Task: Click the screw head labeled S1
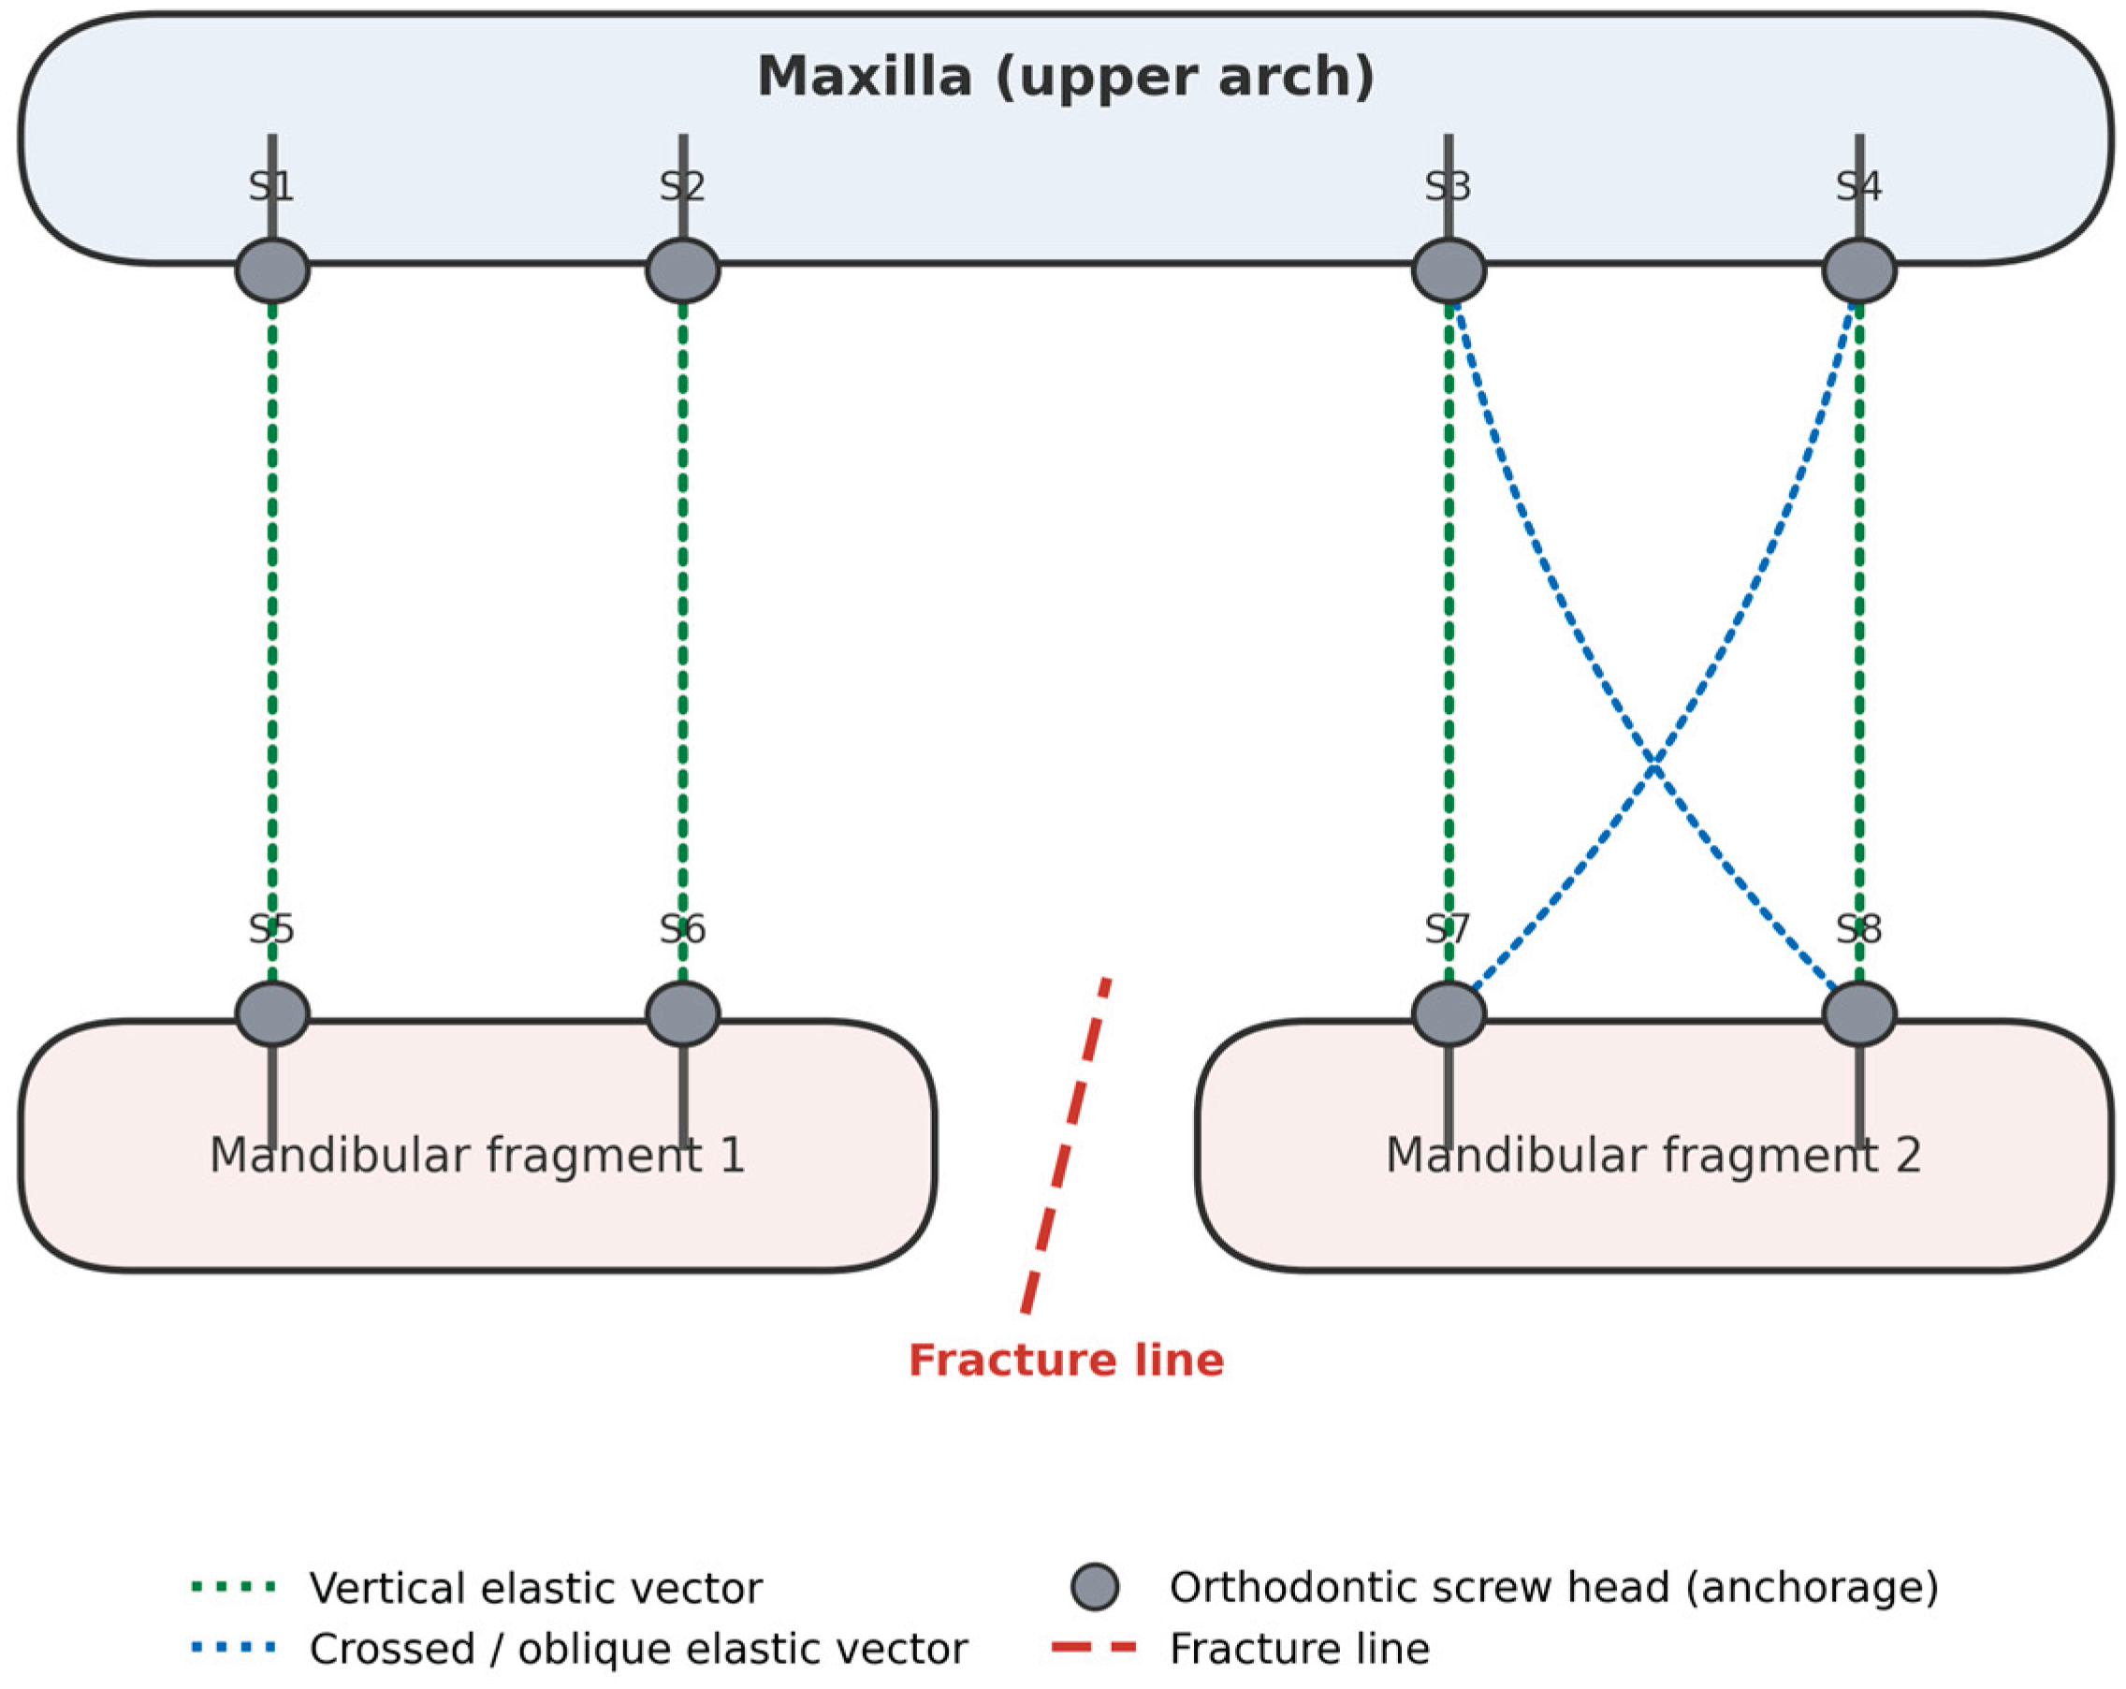click(272, 269)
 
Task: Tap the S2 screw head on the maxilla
click(682, 269)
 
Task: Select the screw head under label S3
click(1449, 269)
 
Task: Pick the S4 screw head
click(1858, 269)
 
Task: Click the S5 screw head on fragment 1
click(272, 1013)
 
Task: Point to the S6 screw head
click(682, 1013)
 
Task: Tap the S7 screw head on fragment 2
click(1449, 1013)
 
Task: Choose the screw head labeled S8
click(1858, 1013)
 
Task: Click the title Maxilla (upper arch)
click(1065, 77)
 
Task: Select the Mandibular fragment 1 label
click(477, 1155)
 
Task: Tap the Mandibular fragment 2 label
click(1653, 1155)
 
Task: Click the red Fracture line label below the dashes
click(1066, 1360)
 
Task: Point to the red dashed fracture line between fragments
click(1066, 1144)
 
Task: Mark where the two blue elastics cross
click(1653, 765)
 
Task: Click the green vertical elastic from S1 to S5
click(272, 642)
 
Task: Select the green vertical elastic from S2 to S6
click(682, 642)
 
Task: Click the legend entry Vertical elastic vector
click(535, 1589)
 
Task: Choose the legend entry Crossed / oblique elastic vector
click(639, 1649)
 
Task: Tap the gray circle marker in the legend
click(1095, 1587)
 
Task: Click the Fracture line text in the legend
click(1300, 1649)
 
